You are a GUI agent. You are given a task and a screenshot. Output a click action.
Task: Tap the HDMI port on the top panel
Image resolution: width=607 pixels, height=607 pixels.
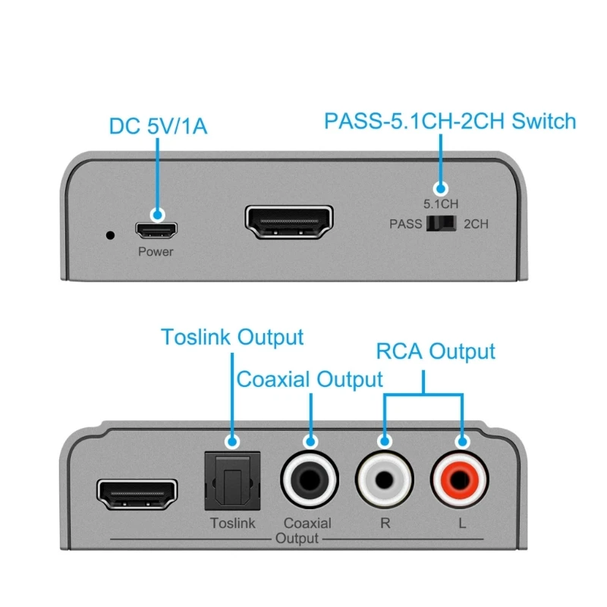(x=289, y=222)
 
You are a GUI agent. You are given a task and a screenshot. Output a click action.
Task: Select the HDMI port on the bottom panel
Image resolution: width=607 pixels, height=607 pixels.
(x=137, y=495)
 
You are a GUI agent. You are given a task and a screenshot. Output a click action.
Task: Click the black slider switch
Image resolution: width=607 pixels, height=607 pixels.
(x=441, y=224)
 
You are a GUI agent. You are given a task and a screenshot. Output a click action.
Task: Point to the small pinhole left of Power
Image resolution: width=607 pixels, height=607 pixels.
(x=111, y=234)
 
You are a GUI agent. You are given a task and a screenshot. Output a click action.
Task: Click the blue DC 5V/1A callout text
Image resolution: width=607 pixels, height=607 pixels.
(x=158, y=126)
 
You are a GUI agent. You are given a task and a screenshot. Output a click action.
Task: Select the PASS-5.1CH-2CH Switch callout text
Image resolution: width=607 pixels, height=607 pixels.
(x=450, y=121)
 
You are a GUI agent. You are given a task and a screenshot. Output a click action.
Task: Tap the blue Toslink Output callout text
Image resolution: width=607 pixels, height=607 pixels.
(x=231, y=338)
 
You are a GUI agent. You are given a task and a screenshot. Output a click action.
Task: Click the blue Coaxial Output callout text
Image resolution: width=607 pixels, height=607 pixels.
(x=310, y=379)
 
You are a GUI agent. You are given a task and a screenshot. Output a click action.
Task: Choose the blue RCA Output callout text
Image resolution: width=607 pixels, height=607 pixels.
(x=436, y=351)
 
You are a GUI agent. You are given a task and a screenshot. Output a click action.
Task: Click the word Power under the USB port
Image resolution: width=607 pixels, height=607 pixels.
(x=156, y=252)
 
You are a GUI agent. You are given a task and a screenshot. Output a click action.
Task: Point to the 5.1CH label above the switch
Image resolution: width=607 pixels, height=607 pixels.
(x=441, y=203)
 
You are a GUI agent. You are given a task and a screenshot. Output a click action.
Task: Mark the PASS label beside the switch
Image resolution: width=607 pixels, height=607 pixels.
(x=405, y=224)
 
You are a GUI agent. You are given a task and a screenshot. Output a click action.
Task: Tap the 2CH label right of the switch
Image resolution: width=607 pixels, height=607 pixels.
(x=476, y=224)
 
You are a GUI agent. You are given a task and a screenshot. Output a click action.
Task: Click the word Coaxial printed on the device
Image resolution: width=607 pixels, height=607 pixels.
(x=307, y=523)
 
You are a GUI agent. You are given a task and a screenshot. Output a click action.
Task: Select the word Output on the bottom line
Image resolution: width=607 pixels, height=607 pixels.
(x=297, y=538)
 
